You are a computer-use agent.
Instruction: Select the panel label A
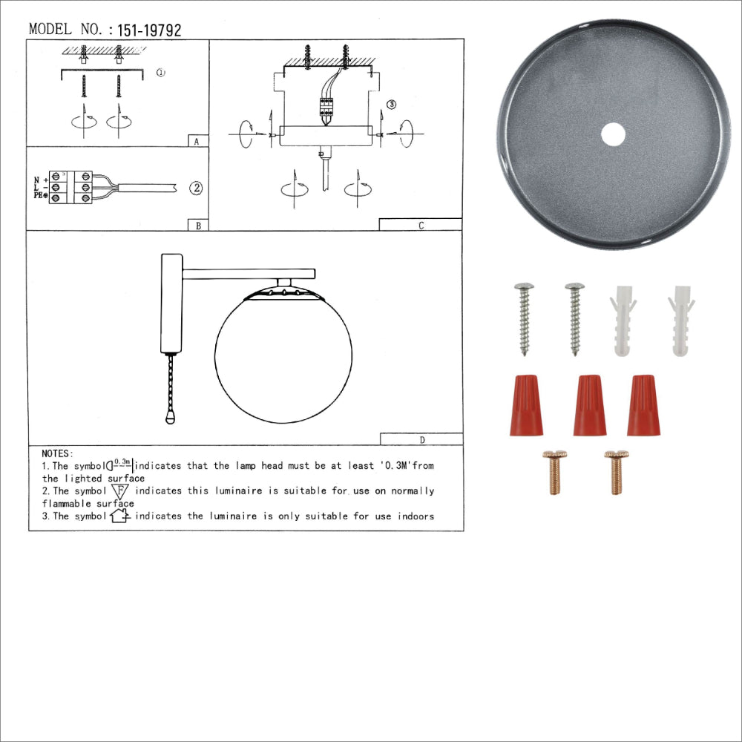[x=195, y=141]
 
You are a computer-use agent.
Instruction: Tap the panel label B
[x=198, y=226]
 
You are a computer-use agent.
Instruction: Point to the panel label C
[x=421, y=226]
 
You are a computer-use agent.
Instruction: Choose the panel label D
[x=421, y=439]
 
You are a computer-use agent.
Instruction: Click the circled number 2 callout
[x=195, y=188]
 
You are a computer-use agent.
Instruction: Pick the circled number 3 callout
[x=392, y=105]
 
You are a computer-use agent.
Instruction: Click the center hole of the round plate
[x=613, y=134]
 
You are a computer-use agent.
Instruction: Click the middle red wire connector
[x=589, y=405]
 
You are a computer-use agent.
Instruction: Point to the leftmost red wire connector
[x=526, y=405]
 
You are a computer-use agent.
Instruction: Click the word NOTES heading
[x=57, y=453]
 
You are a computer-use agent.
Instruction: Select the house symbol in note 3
[x=120, y=516]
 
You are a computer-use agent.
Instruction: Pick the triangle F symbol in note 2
[x=120, y=491]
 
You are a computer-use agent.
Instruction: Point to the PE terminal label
[x=40, y=196]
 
